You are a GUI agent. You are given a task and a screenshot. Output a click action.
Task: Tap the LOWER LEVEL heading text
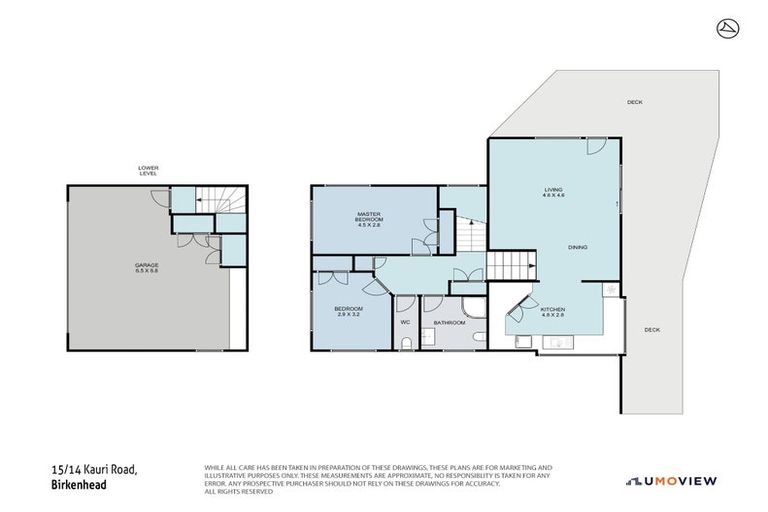pyautogui.click(x=149, y=170)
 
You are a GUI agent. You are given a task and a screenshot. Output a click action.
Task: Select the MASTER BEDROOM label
pyautogui.click(x=371, y=220)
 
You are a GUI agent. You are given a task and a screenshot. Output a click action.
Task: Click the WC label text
pyautogui.click(x=406, y=322)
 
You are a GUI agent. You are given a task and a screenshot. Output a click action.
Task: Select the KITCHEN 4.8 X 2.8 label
pyautogui.click(x=553, y=313)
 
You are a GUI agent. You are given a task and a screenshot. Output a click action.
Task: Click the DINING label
pyautogui.click(x=577, y=247)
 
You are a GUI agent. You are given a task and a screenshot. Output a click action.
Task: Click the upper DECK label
pyautogui.click(x=634, y=102)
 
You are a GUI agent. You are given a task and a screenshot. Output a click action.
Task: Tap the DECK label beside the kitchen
pyautogui.click(x=651, y=329)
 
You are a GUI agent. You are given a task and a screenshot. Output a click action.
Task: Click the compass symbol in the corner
pyautogui.click(x=727, y=28)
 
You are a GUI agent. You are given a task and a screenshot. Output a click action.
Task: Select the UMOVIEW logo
pyautogui.click(x=671, y=481)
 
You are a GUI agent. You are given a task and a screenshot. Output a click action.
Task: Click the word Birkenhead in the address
pyautogui.click(x=78, y=485)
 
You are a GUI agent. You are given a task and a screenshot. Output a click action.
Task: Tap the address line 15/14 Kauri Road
pyautogui.click(x=95, y=470)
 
